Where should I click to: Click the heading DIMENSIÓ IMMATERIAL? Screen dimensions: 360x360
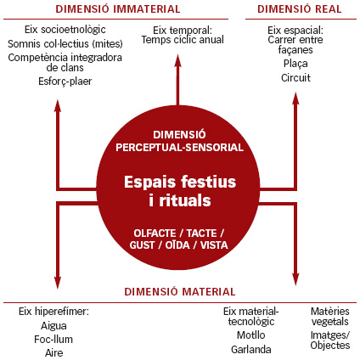[118, 9]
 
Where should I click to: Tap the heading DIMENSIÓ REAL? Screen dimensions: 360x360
[300, 9]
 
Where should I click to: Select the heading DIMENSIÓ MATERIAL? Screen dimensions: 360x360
[180, 291]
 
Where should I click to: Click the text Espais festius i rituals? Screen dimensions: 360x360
[180, 191]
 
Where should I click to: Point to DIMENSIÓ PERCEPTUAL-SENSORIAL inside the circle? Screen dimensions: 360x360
[179, 141]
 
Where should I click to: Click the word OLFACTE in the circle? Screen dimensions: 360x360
[155, 233]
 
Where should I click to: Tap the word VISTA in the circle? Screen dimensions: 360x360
[214, 245]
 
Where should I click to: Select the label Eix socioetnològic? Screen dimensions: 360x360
[65, 30]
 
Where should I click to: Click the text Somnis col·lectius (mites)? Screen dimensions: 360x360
[65, 44]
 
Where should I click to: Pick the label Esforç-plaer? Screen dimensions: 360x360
[65, 82]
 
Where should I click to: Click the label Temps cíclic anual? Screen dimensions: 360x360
[183, 40]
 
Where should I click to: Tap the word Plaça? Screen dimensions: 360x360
[295, 64]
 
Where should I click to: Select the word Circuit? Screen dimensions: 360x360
[295, 77]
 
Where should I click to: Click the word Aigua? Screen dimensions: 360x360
[53, 326]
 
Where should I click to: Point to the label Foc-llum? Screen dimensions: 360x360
[53, 339]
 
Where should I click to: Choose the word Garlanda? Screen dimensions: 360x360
[251, 350]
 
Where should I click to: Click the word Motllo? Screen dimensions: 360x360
[251, 335]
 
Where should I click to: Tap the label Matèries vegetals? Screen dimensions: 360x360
[330, 317]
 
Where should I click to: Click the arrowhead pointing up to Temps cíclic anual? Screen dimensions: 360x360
[177, 61]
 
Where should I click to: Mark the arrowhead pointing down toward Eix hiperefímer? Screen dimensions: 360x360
[58, 283]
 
